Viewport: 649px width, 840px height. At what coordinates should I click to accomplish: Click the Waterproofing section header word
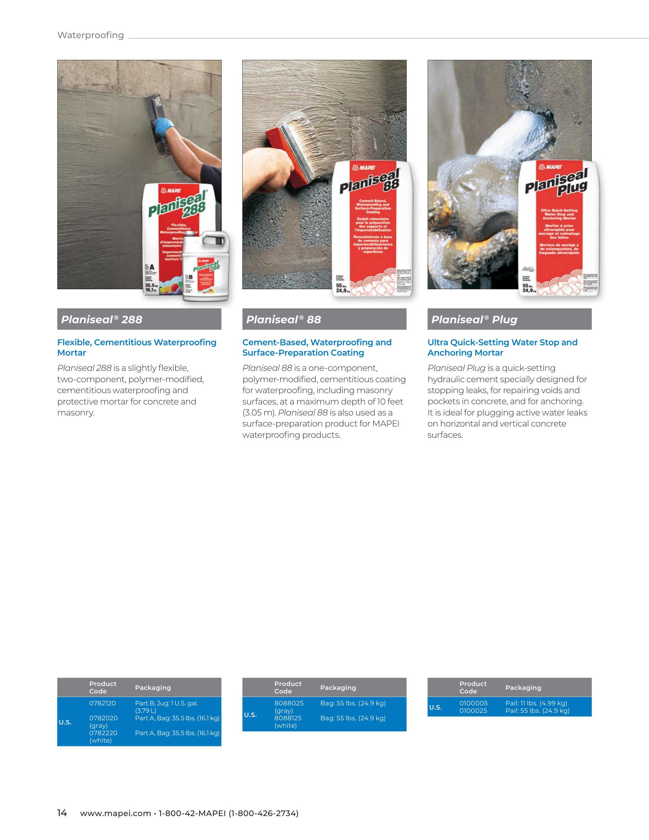(90, 35)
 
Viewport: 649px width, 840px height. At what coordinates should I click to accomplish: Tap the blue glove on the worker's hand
(163, 127)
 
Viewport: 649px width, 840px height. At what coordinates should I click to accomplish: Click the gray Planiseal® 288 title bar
(139, 319)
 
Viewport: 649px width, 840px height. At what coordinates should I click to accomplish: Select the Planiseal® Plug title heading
(474, 320)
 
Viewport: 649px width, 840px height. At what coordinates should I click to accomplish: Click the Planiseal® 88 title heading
(283, 320)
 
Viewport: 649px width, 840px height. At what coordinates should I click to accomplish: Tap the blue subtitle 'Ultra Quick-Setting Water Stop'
(502, 342)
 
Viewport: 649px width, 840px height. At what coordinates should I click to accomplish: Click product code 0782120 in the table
(102, 703)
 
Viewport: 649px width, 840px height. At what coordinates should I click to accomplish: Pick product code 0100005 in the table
(473, 703)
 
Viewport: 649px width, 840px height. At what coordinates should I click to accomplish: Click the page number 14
(62, 813)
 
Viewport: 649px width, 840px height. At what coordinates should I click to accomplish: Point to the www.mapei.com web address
(115, 813)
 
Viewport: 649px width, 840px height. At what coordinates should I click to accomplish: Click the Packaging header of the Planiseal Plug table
(523, 688)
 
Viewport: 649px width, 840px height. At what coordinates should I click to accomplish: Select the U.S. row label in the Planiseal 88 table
(250, 715)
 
